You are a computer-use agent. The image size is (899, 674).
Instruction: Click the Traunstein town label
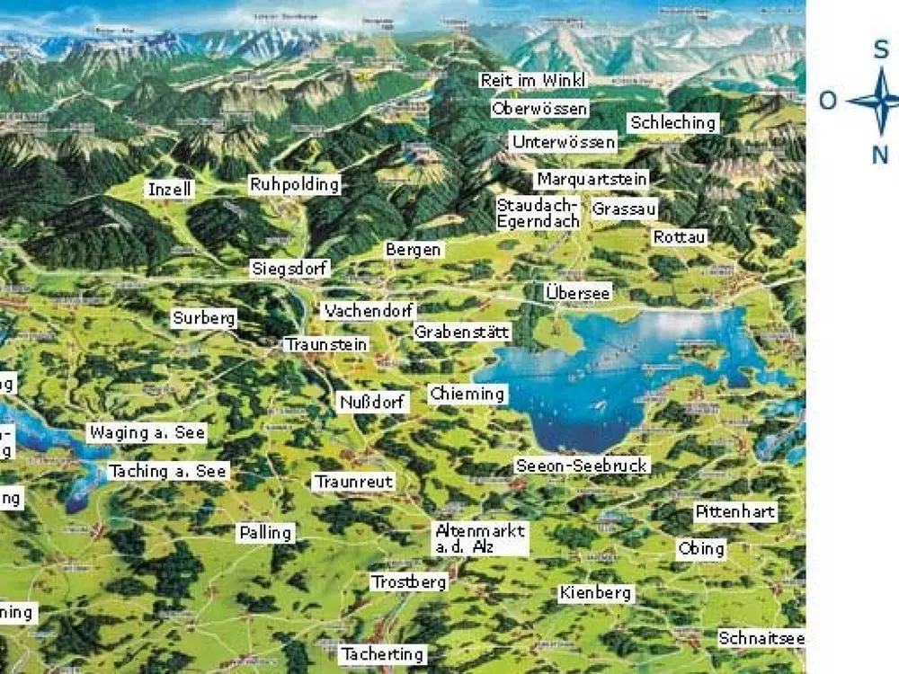point(325,344)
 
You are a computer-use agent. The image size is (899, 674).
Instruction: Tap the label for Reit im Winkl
point(533,81)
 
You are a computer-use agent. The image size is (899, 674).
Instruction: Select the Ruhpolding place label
point(295,185)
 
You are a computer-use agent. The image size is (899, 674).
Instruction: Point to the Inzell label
point(170,190)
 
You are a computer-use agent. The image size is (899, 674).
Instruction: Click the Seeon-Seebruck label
point(582,466)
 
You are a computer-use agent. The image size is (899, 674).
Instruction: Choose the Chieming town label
point(467,394)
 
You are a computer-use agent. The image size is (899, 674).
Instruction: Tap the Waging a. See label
point(147,432)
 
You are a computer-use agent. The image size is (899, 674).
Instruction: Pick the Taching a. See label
point(168,471)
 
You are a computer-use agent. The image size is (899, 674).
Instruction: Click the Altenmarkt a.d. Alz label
point(480,538)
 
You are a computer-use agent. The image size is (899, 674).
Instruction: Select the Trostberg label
point(409,582)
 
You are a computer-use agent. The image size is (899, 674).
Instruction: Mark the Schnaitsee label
point(761,638)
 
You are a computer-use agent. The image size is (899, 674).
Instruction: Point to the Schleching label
point(673,122)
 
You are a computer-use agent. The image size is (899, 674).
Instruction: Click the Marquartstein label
point(592,179)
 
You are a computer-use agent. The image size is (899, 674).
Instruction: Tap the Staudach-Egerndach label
point(539,213)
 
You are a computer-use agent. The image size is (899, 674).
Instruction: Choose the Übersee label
point(578,293)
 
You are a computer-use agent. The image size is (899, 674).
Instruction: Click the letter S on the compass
point(882,49)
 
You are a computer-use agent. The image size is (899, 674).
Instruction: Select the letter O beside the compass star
point(828,101)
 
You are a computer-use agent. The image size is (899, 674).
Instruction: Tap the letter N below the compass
point(881,155)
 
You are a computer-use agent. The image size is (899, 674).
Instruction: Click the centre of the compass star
point(881,101)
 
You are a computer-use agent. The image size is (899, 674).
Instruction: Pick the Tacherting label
point(382,654)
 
